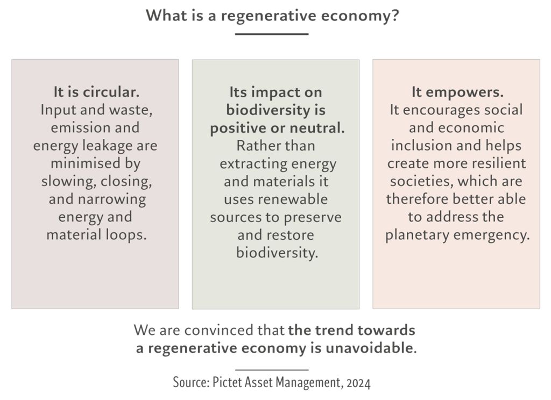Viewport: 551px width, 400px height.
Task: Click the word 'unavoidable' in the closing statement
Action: click(x=369, y=348)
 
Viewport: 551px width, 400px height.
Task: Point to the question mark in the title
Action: click(x=395, y=16)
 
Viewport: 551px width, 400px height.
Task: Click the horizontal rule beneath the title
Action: click(x=272, y=34)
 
